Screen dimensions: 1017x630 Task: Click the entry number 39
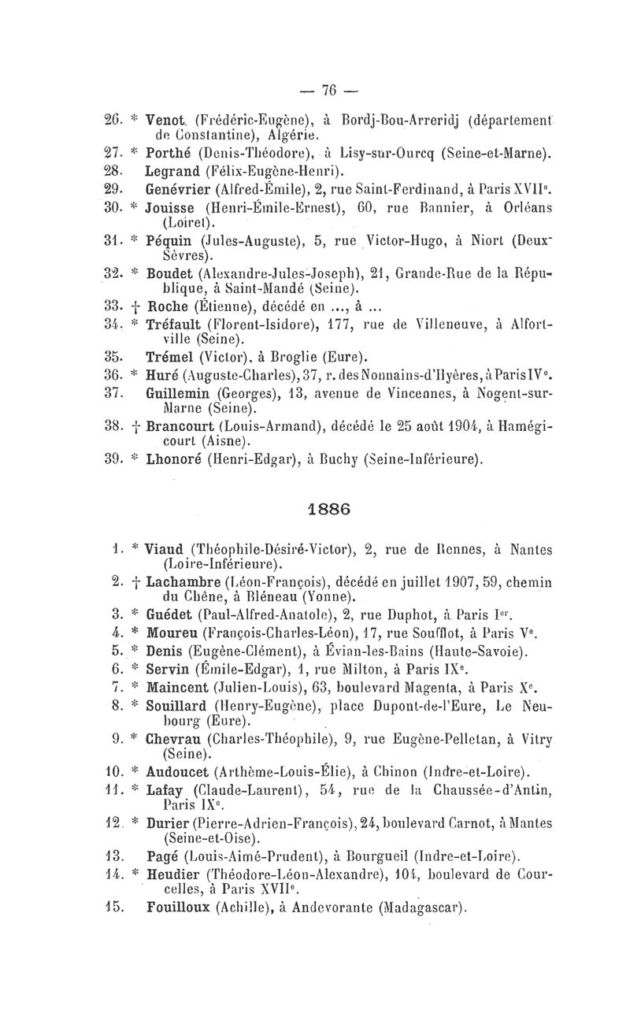point(116,456)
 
